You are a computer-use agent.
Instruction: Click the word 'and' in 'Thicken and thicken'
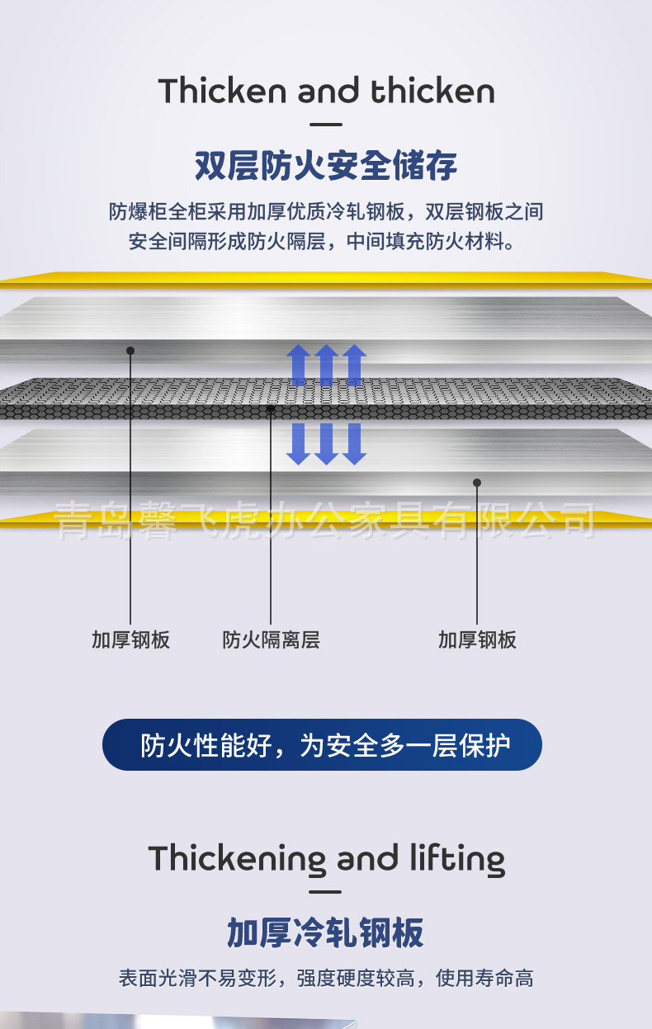[x=328, y=92]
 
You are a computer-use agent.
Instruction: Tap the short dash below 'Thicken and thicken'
[x=327, y=125]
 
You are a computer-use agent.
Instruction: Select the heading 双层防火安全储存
[x=326, y=166]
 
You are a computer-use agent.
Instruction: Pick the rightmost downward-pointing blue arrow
[x=354, y=444]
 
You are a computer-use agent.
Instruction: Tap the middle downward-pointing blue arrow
[x=326, y=444]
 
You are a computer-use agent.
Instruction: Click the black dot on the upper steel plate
[x=130, y=351]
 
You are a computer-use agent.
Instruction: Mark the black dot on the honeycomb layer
[x=271, y=408]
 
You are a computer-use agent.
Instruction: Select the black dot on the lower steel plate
[x=476, y=483]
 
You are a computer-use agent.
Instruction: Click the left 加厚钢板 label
[x=130, y=640]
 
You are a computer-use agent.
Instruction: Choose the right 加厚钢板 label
[x=477, y=640]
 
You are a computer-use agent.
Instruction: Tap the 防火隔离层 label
[x=271, y=640]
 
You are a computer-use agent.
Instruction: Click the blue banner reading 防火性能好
[x=322, y=745]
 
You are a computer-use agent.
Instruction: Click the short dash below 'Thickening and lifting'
[x=327, y=892]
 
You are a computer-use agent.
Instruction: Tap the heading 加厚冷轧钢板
[x=326, y=933]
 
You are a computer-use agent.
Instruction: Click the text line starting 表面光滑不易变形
[x=326, y=979]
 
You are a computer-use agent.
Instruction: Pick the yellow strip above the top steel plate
[x=326, y=279]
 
